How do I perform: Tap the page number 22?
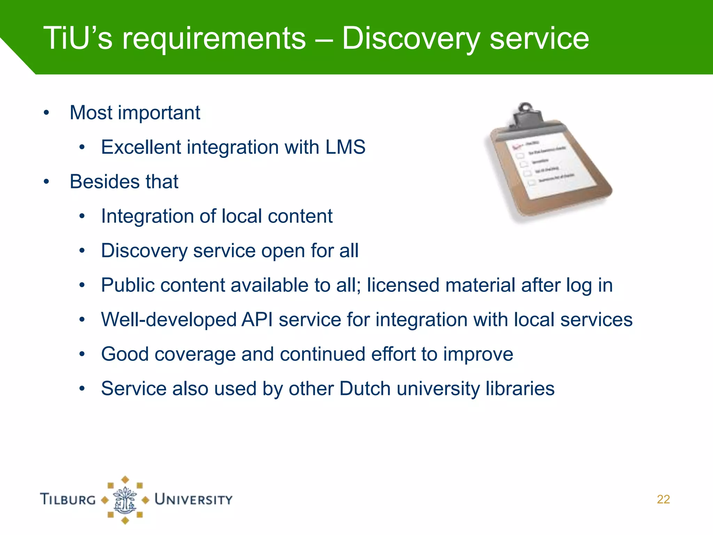coord(663,499)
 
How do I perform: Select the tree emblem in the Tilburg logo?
coord(125,500)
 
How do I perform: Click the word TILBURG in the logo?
coord(68,499)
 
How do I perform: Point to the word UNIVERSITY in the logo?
coord(194,499)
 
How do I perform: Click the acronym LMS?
coord(345,147)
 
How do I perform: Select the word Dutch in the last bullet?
coord(365,389)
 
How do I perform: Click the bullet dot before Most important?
coord(46,113)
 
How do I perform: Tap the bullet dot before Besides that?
coord(46,182)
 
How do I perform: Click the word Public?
coord(127,285)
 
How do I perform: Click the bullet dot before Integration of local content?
coord(82,216)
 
